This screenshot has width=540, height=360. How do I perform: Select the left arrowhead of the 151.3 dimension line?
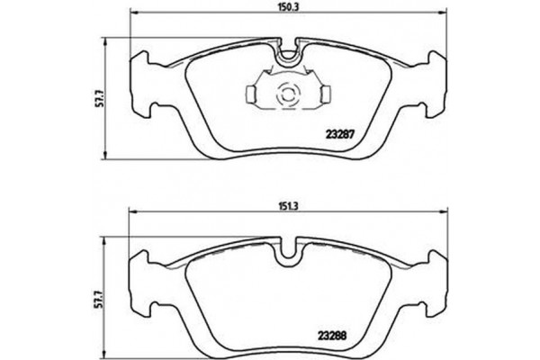click(135, 212)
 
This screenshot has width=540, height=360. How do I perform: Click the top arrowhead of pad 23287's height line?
click(107, 40)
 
